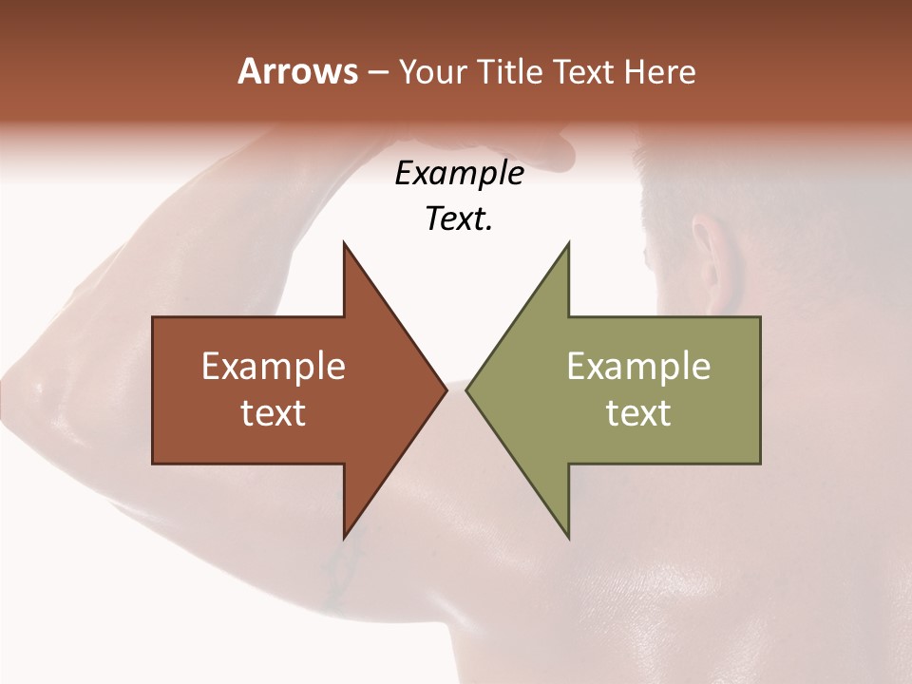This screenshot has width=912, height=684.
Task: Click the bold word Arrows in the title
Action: [x=297, y=71]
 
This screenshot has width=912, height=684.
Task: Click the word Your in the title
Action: [x=430, y=72]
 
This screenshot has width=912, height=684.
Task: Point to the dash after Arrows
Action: [x=377, y=73]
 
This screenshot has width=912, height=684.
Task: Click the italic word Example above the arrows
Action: [x=460, y=174]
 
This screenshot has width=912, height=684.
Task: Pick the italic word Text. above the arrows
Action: [x=460, y=219]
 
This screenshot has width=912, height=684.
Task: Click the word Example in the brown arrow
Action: [x=274, y=367]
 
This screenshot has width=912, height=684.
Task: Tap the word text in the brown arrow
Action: [x=274, y=413]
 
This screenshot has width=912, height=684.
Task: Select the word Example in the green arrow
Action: [x=638, y=367]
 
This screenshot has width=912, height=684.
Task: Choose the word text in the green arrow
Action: [x=638, y=413]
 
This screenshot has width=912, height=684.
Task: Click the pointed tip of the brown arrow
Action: [x=446, y=389]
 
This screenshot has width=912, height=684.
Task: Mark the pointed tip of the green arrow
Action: [x=466, y=389]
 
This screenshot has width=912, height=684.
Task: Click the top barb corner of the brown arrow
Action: [x=344, y=243]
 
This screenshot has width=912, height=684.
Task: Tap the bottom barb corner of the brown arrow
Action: [x=344, y=538]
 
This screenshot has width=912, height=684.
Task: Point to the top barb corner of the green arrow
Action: [x=568, y=243]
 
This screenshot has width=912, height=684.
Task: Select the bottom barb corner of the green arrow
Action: [x=568, y=538]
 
